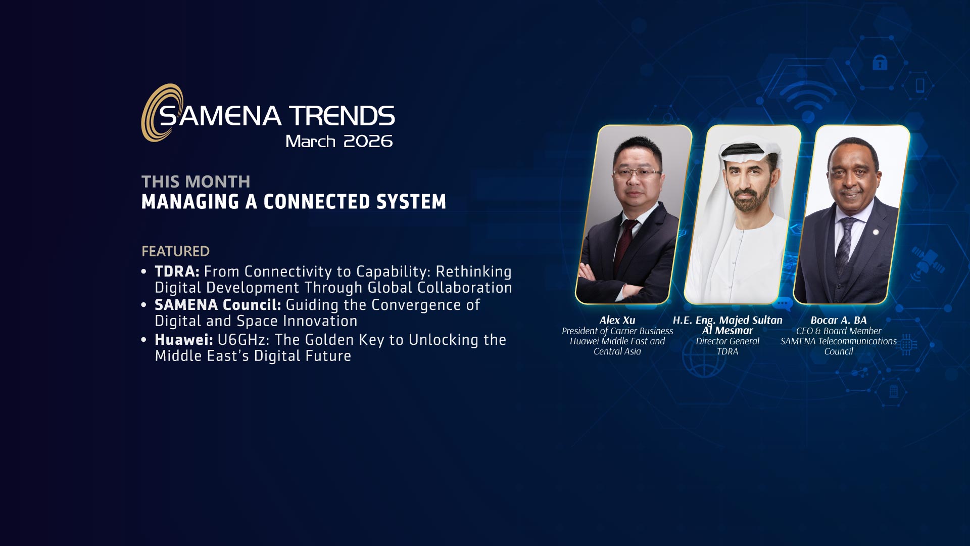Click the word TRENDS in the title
tap(342, 116)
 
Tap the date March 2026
tap(339, 141)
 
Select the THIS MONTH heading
tap(196, 181)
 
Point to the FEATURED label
tap(175, 251)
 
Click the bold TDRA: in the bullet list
tap(177, 271)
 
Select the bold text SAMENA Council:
tap(218, 305)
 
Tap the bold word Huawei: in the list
tap(184, 340)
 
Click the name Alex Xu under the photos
tap(617, 320)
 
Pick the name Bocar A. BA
tap(839, 320)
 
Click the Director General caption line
tap(727, 341)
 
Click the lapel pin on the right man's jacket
tap(876, 232)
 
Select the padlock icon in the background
tap(880, 63)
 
